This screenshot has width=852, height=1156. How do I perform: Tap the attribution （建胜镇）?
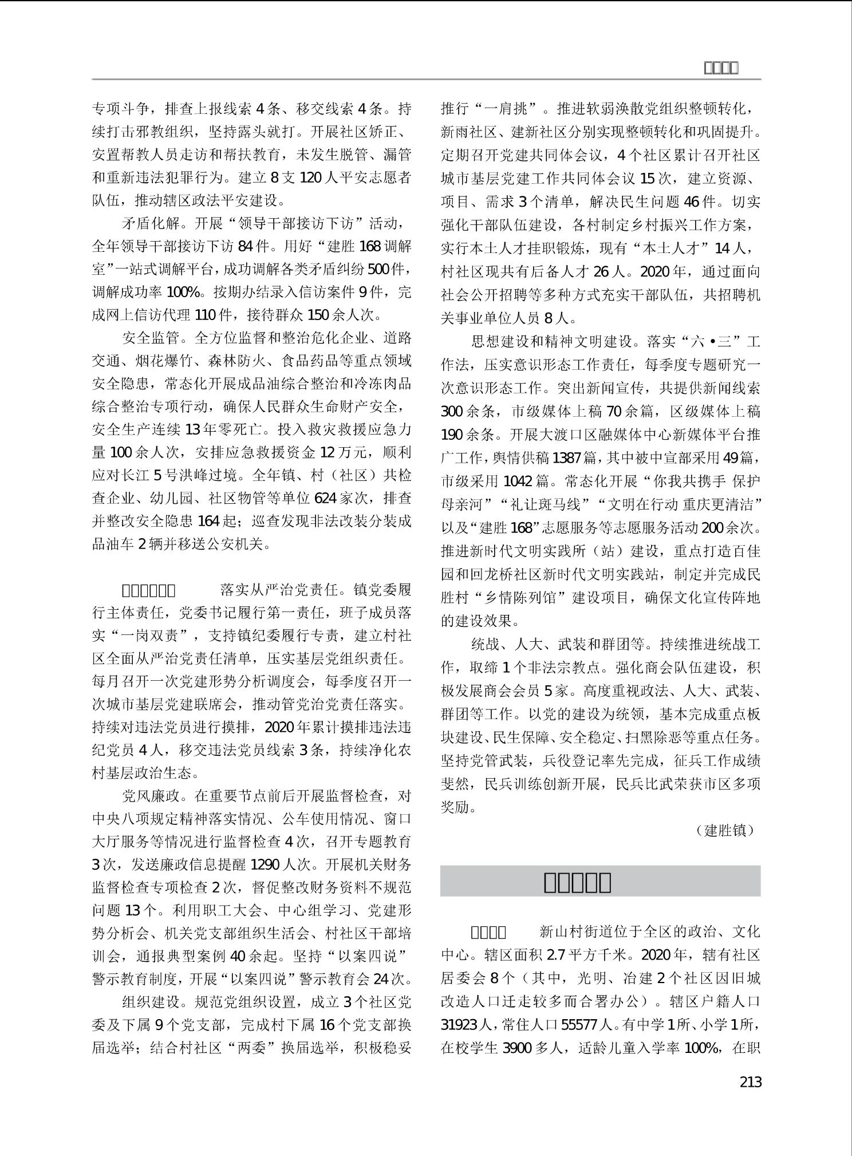[725, 830]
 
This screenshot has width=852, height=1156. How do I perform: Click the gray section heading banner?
[600, 882]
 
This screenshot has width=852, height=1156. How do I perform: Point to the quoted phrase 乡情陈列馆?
[525, 598]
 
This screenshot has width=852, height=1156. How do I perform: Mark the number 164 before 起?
[209, 521]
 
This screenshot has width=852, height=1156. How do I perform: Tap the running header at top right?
[720, 68]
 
